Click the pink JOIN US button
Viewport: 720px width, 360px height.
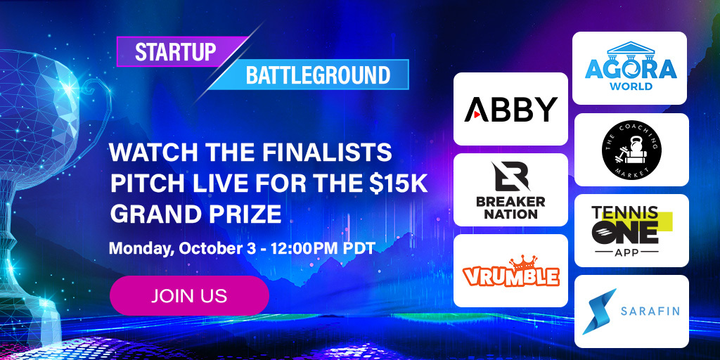[189, 295]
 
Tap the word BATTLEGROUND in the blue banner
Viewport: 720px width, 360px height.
[318, 75]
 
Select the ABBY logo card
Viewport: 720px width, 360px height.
[510, 109]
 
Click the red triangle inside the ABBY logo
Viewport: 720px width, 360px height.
[475, 110]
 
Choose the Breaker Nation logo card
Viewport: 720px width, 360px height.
[510, 190]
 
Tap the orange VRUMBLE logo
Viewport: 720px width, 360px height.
[510, 275]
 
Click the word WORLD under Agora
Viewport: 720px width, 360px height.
[631, 86]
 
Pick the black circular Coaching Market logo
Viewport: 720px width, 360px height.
[631, 149]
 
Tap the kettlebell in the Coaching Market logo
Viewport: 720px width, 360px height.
[631, 148]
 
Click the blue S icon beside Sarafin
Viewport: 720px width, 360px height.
[598, 311]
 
